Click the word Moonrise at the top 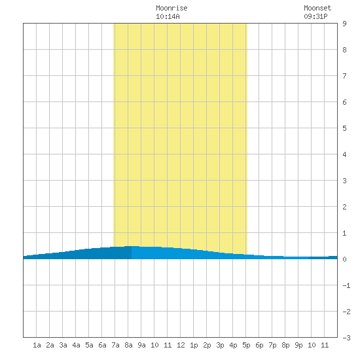pos(171,8)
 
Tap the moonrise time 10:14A pos(168,16)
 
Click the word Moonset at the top pos(317,8)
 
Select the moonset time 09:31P pos(315,16)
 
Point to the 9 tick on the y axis pos(344,24)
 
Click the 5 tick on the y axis pos(344,128)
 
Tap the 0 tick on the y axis pos(344,259)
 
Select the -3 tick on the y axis pos(346,338)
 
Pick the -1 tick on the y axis pos(346,285)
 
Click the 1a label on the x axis pos(37,345)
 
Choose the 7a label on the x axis pos(115,345)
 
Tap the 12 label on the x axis pos(181,345)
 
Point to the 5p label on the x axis pos(246,345)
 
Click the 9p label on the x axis pos(298,345)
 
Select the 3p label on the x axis pos(220,345)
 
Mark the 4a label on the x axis pos(76,345)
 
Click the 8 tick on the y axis pos(344,50)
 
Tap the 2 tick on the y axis pos(344,207)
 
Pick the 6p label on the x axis pos(259,345)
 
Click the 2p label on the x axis pos(207,345)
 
